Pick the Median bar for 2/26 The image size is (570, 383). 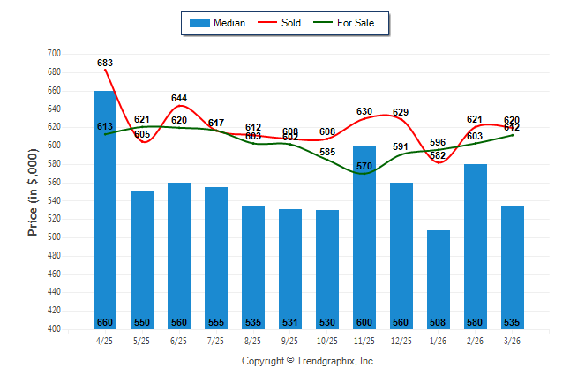tap(476, 246)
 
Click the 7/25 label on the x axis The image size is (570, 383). tap(216, 340)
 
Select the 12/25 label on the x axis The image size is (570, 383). tap(401, 340)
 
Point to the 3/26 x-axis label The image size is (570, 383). tap(513, 340)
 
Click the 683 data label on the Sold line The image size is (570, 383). tap(105, 64)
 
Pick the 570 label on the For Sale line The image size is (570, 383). tap(364, 166)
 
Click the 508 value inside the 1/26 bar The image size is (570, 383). tap(439, 322)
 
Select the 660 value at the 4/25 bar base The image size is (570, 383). tap(105, 322)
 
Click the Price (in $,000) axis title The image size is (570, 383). tap(33, 191)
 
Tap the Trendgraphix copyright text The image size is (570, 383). tap(309, 361)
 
